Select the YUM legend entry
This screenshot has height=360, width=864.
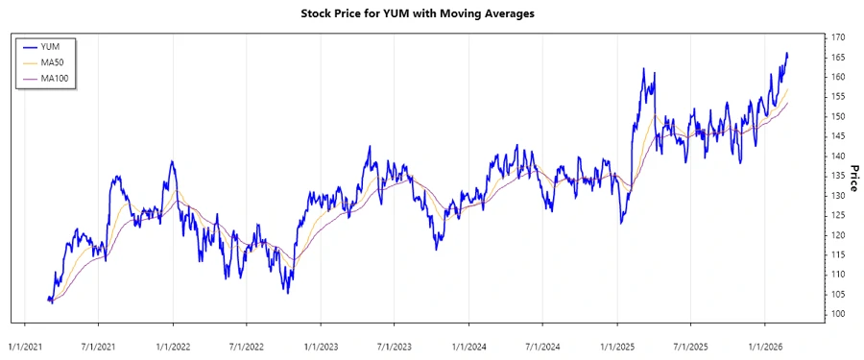pos(50,46)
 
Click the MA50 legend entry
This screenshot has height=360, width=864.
pos(53,62)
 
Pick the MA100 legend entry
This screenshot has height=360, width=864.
pos(55,79)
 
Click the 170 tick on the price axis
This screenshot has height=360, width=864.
pos(838,37)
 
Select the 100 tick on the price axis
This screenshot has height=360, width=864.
pos(838,314)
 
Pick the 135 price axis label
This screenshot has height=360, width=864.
pos(838,176)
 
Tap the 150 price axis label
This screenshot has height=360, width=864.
pos(838,116)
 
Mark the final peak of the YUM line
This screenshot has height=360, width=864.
pos(787,54)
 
